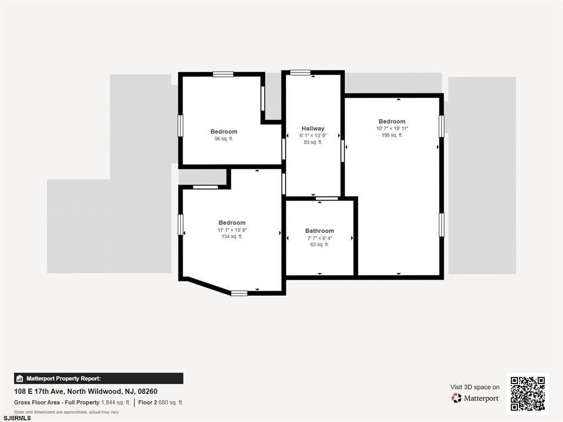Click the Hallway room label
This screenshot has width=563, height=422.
click(x=313, y=129)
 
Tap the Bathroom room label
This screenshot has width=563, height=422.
click(x=319, y=231)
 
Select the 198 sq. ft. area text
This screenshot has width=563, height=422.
click(x=392, y=135)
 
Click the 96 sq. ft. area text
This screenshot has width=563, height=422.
click(x=224, y=138)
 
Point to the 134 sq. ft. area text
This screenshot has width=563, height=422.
click(x=232, y=236)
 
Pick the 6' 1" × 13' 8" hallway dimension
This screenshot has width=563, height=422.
click(x=313, y=136)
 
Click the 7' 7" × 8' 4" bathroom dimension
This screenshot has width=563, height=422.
click(x=319, y=238)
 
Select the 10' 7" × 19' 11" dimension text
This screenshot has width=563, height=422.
click(x=393, y=129)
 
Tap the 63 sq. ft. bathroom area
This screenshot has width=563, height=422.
click(x=319, y=245)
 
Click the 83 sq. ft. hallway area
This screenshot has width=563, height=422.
click(x=313, y=142)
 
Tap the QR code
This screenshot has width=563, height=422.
click(x=527, y=393)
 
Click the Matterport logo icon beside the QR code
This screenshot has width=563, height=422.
click(x=456, y=398)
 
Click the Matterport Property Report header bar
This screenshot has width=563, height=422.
click(x=99, y=379)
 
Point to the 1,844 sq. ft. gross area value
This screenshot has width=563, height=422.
click(x=115, y=403)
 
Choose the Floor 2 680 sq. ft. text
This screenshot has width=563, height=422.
click(x=161, y=403)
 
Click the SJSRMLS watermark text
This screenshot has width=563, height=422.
click(x=17, y=418)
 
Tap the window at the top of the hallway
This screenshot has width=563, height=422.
click(x=300, y=73)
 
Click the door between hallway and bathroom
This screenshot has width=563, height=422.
click(x=327, y=198)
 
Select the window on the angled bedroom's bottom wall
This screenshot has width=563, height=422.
click(x=239, y=293)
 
